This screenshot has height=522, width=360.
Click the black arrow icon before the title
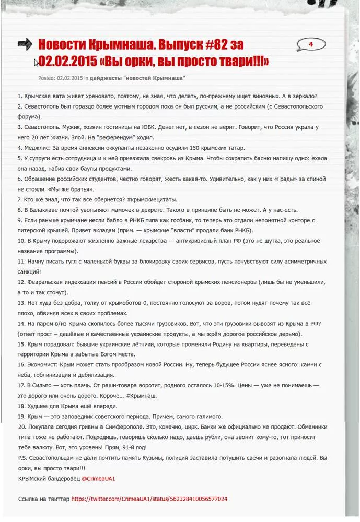pos(25,44)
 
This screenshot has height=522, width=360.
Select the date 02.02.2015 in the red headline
pos(67,62)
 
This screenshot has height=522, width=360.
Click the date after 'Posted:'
pos(70,78)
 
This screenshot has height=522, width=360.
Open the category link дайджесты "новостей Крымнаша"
pos(137,78)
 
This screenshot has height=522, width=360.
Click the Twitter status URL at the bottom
pos(149,499)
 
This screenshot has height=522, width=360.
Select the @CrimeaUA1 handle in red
pos(98,478)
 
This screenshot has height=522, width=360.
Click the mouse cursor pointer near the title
pos(36,62)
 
